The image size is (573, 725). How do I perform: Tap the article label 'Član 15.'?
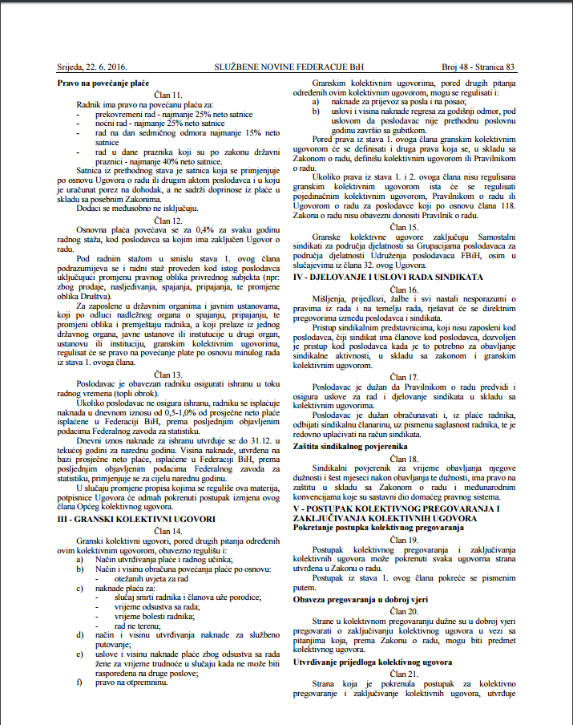pos(405,227)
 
